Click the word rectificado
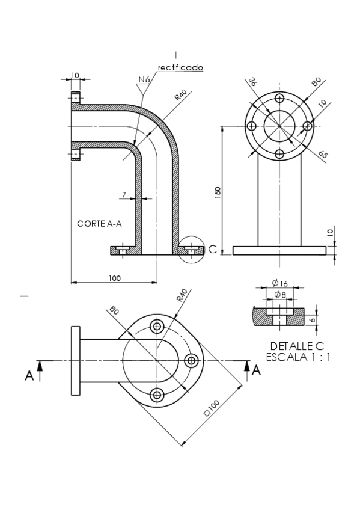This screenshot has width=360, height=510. point(180,67)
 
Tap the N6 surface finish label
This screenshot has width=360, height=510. point(144,79)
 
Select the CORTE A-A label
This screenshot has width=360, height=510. point(100,223)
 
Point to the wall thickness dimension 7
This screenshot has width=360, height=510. point(123,194)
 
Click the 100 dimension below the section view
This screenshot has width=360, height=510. point(115,278)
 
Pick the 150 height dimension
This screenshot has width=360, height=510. point(218,191)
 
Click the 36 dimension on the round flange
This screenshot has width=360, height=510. point(252,83)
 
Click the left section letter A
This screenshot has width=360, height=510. point(29,375)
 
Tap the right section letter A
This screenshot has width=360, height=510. point(256,370)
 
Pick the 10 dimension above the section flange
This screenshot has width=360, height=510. point(75,75)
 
